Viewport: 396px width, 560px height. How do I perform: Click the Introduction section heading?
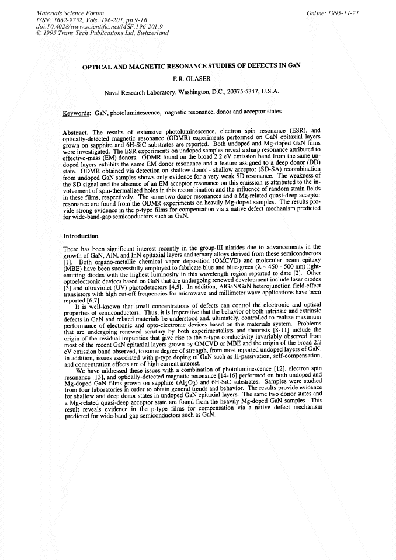pyautogui.click(x=81, y=236)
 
